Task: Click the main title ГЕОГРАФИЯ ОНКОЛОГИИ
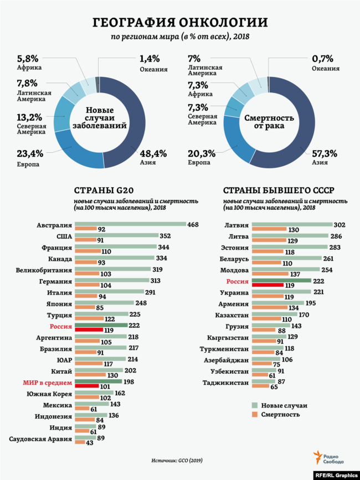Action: pyautogui.click(x=179, y=22)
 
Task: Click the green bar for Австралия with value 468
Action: pyautogui.click(x=130, y=224)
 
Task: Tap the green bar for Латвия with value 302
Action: pyautogui.click(x=292, y=225)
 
